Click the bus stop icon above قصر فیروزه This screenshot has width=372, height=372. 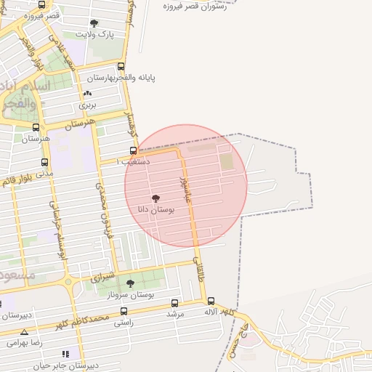coord(40,4)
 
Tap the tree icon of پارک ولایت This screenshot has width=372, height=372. coord(94,23)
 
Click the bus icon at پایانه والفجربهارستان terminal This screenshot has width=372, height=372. coord(121,66)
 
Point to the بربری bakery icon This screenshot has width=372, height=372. coord(88,94)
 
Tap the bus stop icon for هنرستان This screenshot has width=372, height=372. coord(36,127)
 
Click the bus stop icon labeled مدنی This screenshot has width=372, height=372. coord(45,163)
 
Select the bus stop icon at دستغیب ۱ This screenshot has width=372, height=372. coord(132,151)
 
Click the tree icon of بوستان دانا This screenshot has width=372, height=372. coord(155,198)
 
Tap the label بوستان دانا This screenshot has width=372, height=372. coord(155,209)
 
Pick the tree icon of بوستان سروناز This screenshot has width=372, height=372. coord(131,283)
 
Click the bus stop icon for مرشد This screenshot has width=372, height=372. coord(174,303)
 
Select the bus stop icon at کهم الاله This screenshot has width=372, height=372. coord(211,301)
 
